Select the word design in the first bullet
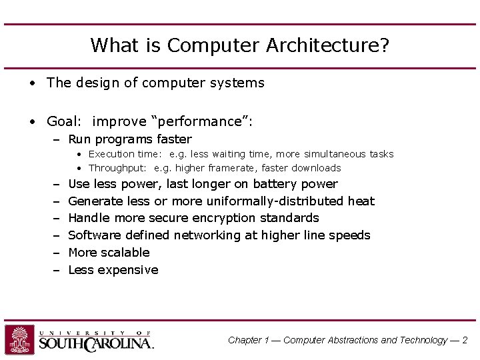point(93,83)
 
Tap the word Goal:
point(64,121)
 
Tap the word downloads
point(316,168)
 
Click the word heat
point(362,201)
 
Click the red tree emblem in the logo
point(19,339)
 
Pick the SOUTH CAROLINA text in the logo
point(96,343)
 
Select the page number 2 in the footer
point(465,340)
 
